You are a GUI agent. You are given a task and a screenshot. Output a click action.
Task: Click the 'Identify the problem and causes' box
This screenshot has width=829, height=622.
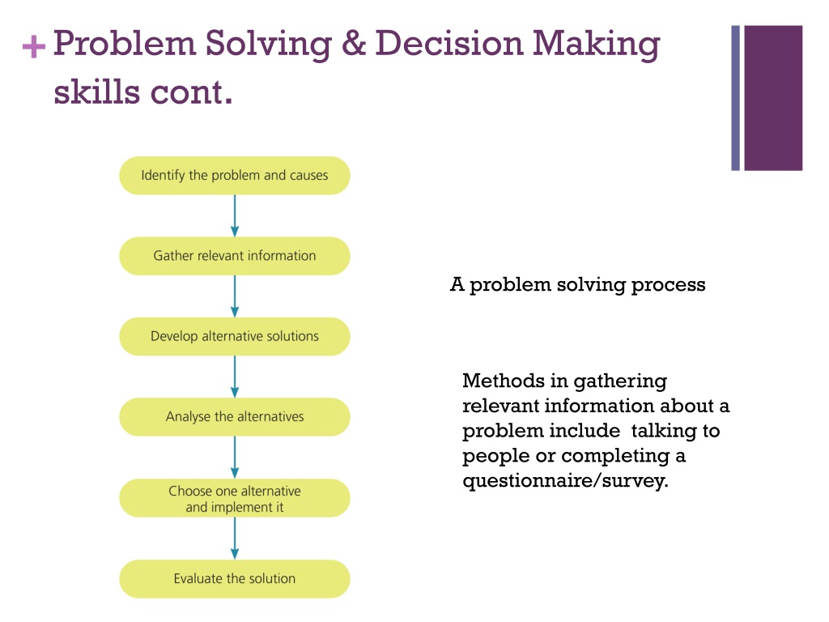click(x=235, y=175)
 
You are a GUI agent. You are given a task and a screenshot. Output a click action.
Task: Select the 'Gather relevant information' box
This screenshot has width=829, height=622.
click(x=235, y=256)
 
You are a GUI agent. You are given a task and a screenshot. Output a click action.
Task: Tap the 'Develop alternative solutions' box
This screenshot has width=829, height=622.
click(x=235, y=336)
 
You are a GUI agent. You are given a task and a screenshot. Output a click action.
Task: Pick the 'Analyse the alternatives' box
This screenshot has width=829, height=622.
click(x=235, y=417)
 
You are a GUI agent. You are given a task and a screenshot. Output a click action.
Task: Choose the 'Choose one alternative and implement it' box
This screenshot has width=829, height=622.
click(x=235, y=498)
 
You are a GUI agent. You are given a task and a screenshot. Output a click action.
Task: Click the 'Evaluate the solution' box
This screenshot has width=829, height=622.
click(x=235, y=578)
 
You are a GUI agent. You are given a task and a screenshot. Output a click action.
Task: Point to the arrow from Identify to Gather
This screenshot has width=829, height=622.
click(x=235, y=215)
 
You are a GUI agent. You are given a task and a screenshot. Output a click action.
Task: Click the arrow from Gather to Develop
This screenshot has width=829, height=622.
click(x=235, y=296)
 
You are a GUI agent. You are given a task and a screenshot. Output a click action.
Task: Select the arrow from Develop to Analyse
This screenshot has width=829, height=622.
click(x=235, y=377)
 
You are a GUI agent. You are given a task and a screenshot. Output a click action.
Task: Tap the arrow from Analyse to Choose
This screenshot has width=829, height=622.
click(x=235, y=458)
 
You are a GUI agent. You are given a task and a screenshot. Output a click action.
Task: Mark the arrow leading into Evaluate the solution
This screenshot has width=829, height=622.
click(x=235, y=539)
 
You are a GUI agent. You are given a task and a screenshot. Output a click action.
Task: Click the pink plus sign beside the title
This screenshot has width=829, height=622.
click(x=33, y=48)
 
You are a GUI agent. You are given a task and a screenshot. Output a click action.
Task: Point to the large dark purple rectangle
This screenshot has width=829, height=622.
click(x=773, y=98)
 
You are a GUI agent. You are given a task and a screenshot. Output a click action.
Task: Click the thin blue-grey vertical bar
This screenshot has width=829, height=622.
click(x=736, y=98)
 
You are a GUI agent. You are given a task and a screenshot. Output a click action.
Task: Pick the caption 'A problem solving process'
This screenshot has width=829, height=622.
click(x=577, y=285)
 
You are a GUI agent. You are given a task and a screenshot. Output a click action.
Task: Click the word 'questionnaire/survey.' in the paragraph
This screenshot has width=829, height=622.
click(x=566, y=481)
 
